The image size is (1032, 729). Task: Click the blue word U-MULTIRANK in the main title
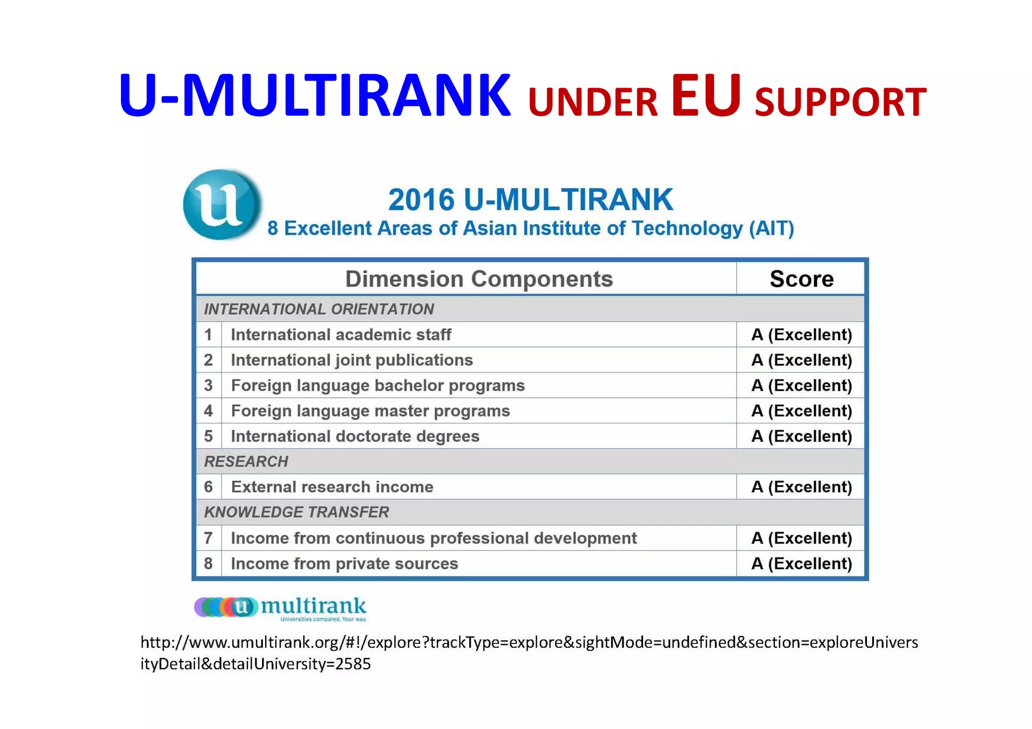(x=314, y=96)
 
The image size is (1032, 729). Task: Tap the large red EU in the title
(x=705, y=96)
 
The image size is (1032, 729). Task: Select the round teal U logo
(x=222, y=204)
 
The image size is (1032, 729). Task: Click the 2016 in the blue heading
(x=421, y=200)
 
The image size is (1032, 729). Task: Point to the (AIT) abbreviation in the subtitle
(x=771, y=229)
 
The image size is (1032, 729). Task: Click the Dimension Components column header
(x=479, y=279)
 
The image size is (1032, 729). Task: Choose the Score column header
(x=801, y=279)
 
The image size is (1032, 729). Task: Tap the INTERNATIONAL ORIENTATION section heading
(x=318, y=309)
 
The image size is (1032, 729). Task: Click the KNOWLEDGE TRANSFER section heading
(x=296, y=512)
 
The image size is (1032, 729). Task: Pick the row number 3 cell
(x=208, y=386)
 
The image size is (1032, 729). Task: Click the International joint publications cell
(x=352, y=360)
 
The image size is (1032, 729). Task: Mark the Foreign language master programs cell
(x=370, y=411)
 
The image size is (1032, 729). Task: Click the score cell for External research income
(x=801, y=487)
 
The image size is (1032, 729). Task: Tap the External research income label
(x=332, y=487)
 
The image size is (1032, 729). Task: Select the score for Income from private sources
(x=801, y=563)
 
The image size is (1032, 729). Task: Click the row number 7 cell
(x=208, y=538)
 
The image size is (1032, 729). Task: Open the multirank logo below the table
(x=280, y=608)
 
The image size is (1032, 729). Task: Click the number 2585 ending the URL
(x=353, y=664)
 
